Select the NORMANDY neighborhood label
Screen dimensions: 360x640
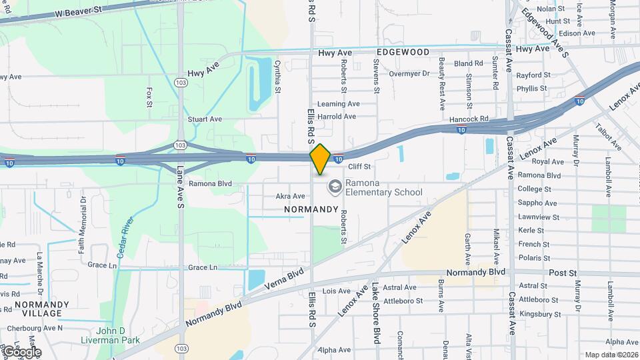click(311, 209)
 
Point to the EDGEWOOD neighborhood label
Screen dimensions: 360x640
click(403, 51)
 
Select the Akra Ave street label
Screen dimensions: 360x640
click(290, 196)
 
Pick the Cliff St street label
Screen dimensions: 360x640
click(359, 166)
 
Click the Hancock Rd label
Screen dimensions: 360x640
click(469, 119)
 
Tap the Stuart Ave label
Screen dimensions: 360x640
click(205, 119)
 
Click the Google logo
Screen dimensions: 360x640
click(21, 351)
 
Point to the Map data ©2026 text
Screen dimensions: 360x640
click(610, 355)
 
